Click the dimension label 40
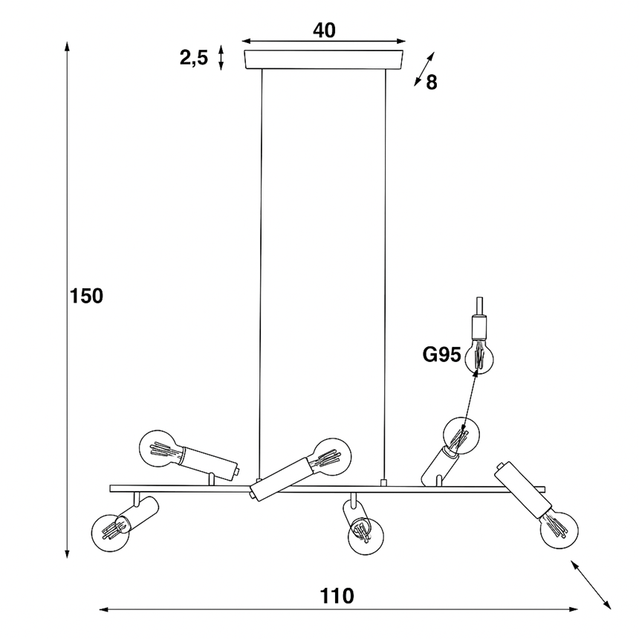324,30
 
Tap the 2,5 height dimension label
194,57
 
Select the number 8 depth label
432,82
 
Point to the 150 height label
86,296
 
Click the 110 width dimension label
337,596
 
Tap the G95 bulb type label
442,354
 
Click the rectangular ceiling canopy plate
323,59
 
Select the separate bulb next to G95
480,355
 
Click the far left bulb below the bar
111,533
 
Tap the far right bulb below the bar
559,531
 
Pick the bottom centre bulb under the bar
366,536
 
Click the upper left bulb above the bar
158,449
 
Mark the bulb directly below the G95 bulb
461,435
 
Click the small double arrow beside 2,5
221,57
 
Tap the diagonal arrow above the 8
424,69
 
